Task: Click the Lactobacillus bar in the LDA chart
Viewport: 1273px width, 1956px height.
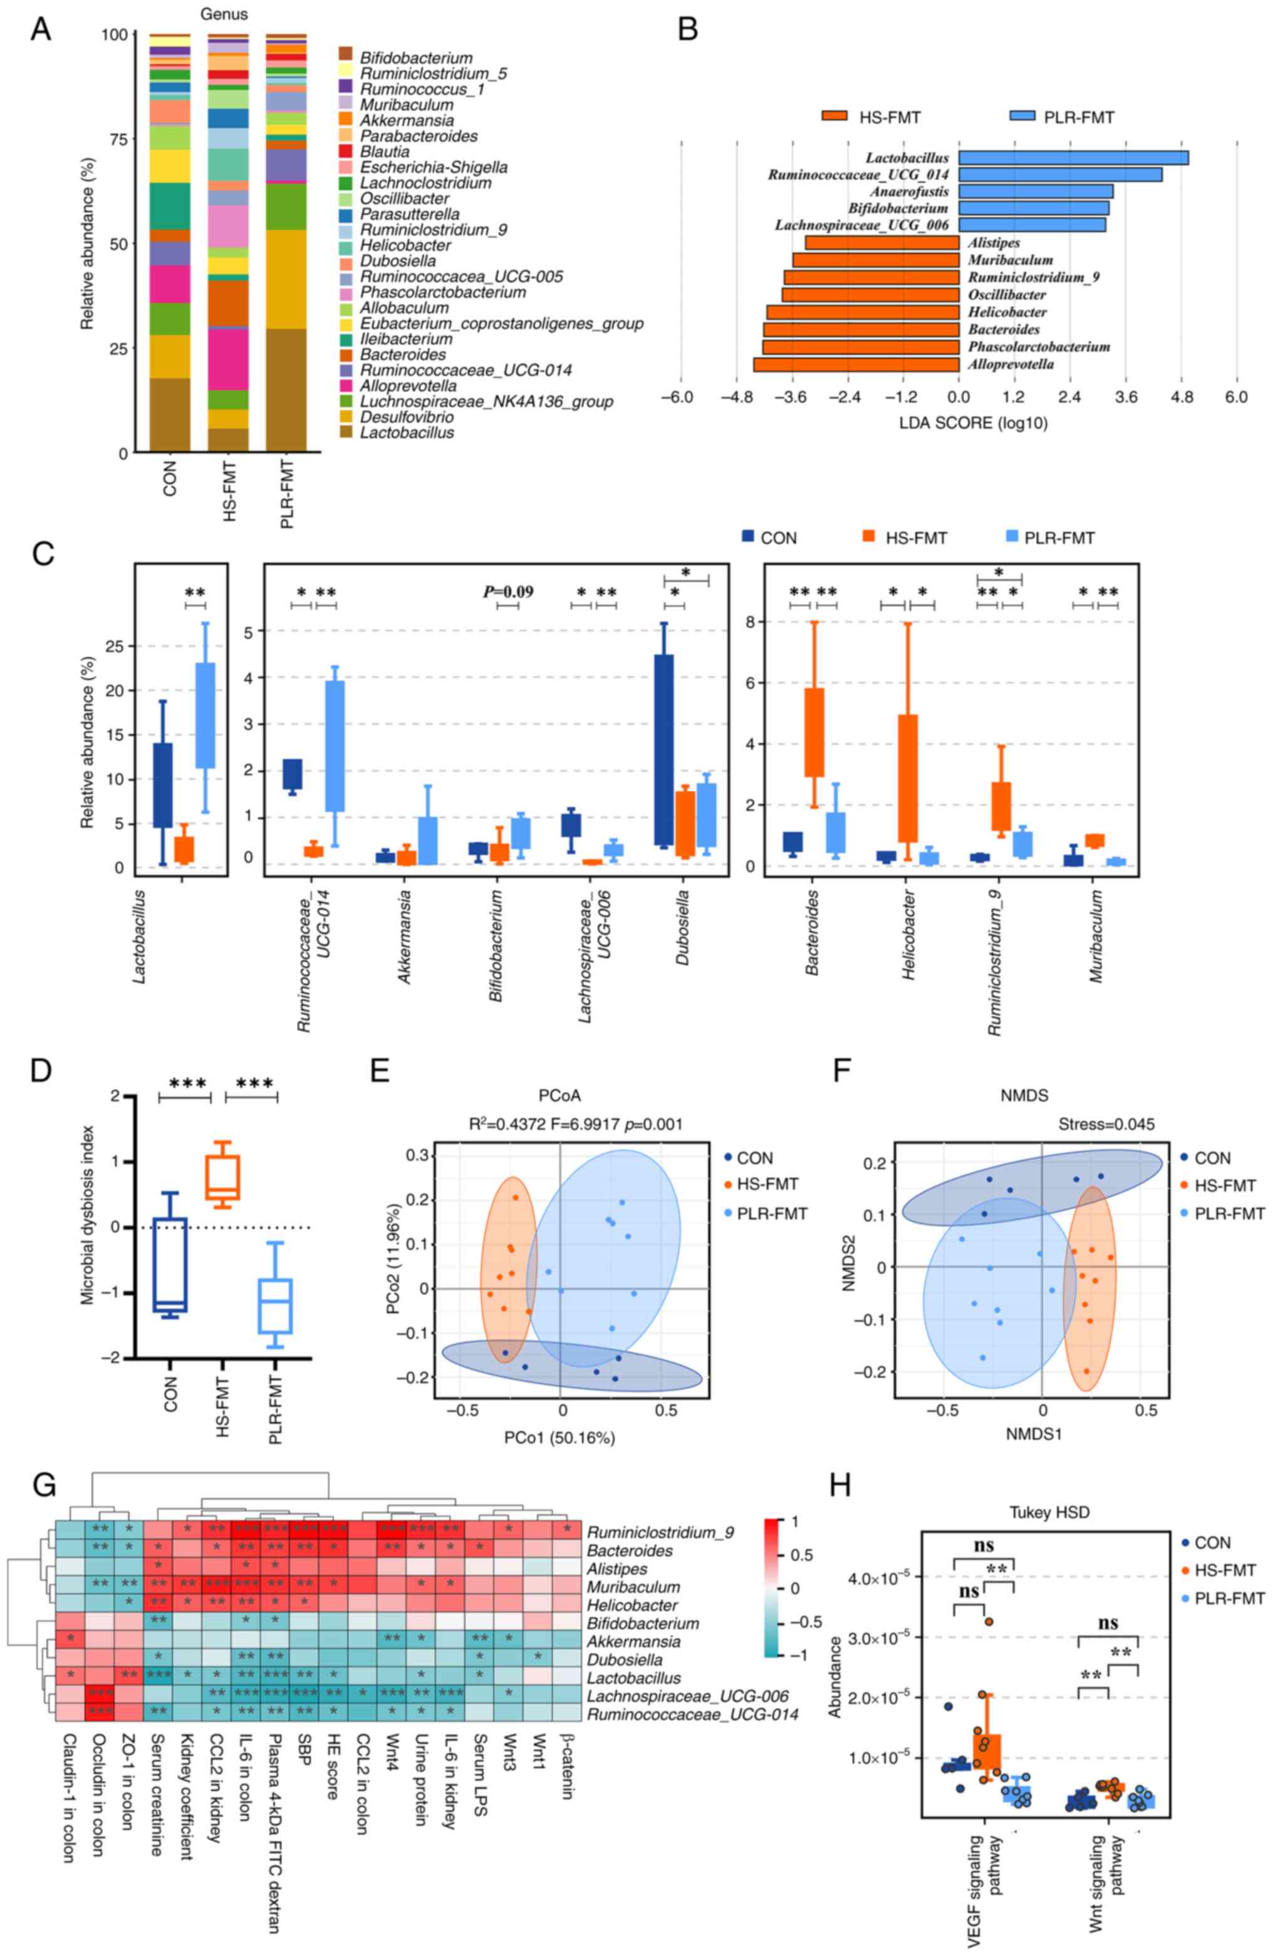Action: click(x=1073, y=157)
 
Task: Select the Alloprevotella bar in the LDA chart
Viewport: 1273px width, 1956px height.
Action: click(x=856, y=364)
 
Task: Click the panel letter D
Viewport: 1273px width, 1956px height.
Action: click(x=41, y=1071)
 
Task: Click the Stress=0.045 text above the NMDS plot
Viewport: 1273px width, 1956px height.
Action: click(x=1106, y=1124)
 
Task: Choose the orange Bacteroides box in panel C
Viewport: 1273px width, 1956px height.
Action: click(x=814, y=732)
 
